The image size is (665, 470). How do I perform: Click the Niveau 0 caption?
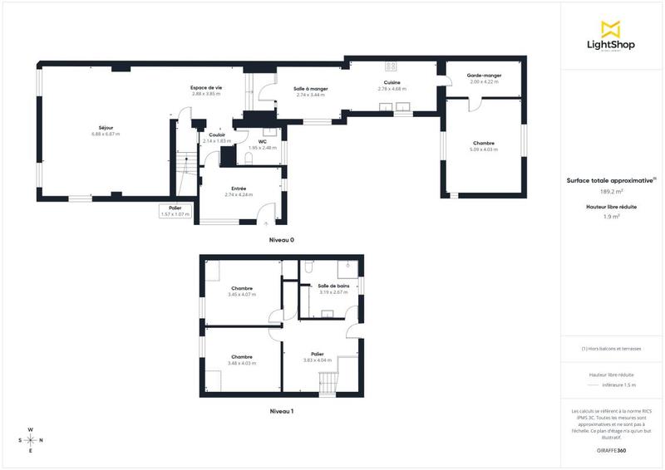tap(281, 240)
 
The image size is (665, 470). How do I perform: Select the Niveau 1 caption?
tap(281, 411)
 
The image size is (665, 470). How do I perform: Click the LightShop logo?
tap(612, 37)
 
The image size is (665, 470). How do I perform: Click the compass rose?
tap(31, 440)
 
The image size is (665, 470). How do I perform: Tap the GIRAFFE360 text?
tap(612, 448)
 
